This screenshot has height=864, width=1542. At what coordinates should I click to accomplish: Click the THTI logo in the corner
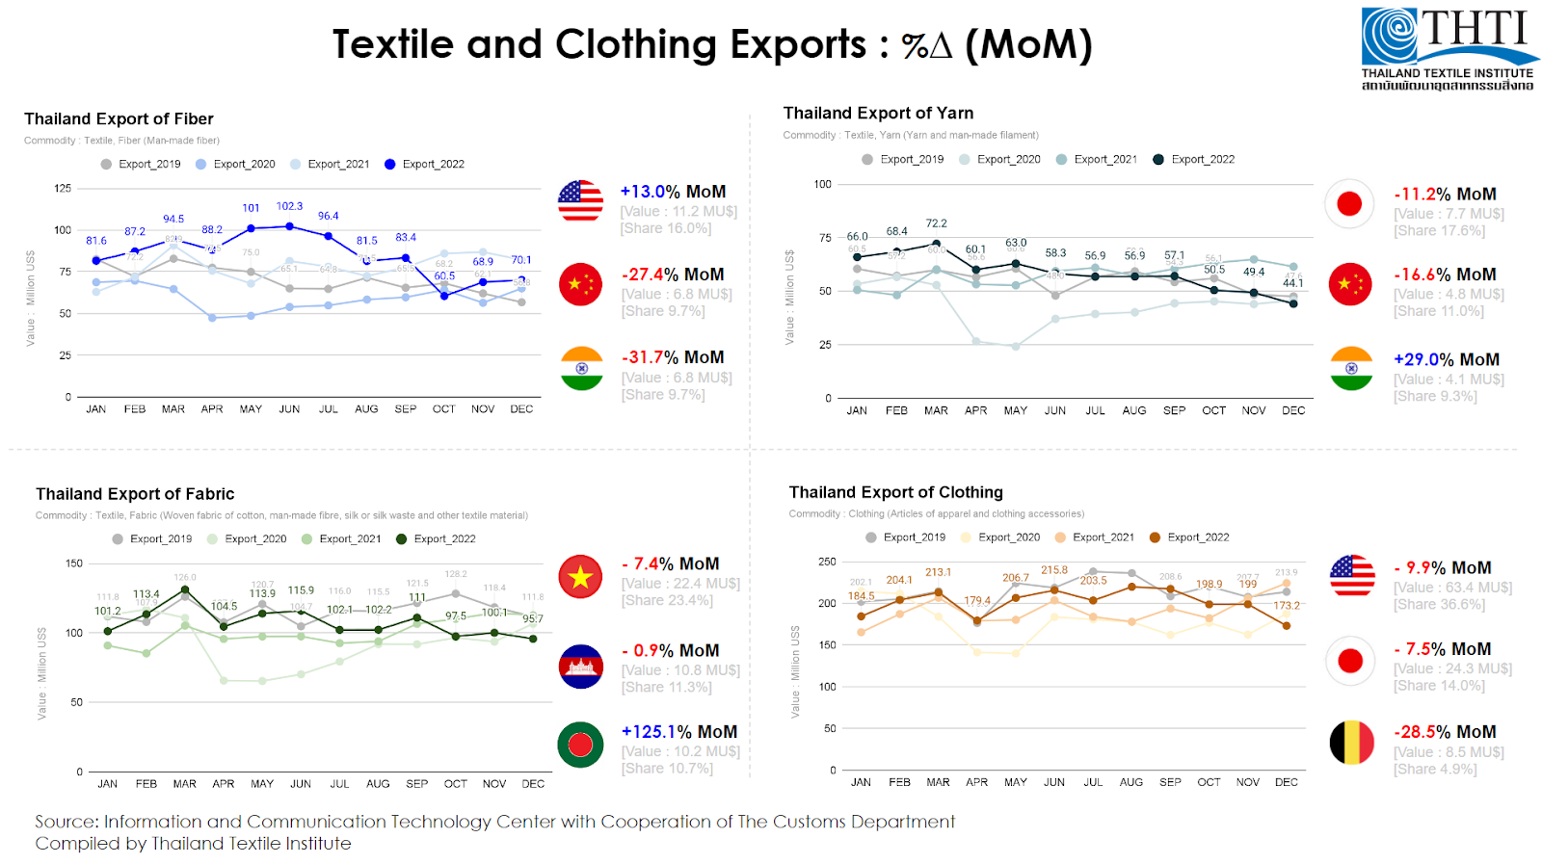(x=1448, y=49)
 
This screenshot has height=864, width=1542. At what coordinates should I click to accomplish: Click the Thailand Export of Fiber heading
(x=119, y=119)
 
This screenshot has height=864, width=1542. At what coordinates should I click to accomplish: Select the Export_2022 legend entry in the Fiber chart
(x=424, y=165)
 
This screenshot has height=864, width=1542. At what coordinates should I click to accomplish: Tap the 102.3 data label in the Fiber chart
(x=289, y=206)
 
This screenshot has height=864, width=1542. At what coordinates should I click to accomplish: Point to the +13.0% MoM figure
(x=672, y=192)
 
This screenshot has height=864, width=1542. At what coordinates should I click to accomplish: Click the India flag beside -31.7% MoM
(x=581, y=368)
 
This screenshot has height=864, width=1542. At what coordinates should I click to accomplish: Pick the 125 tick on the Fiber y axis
(x=63, y=188)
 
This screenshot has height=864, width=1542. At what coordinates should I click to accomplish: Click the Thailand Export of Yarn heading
(x=878, y=114)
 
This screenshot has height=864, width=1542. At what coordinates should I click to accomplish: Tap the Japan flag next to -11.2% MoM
(x=1349, y=203)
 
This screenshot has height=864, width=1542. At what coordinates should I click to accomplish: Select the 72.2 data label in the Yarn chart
(x=936, y=223)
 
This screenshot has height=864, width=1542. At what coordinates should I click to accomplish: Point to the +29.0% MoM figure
(x=1446, y=359)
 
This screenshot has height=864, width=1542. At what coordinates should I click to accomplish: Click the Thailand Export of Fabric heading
(x=135, y=494)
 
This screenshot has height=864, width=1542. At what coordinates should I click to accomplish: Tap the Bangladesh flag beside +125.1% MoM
(x=580, y=745)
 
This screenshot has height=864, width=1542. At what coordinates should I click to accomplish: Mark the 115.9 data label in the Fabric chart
(x=301, y=590)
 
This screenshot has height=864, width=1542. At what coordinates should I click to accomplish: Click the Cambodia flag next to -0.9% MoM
(x=580, y=666)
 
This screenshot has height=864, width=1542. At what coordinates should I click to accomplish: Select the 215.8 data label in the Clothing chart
(x=1054, y=570)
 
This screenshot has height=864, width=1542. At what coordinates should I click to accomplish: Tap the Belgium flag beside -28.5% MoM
(x=1351, y=743)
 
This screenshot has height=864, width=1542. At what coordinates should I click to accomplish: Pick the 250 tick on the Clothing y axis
(x=827, y=562)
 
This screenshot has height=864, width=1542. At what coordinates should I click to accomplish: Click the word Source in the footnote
(x=66, y=822)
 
